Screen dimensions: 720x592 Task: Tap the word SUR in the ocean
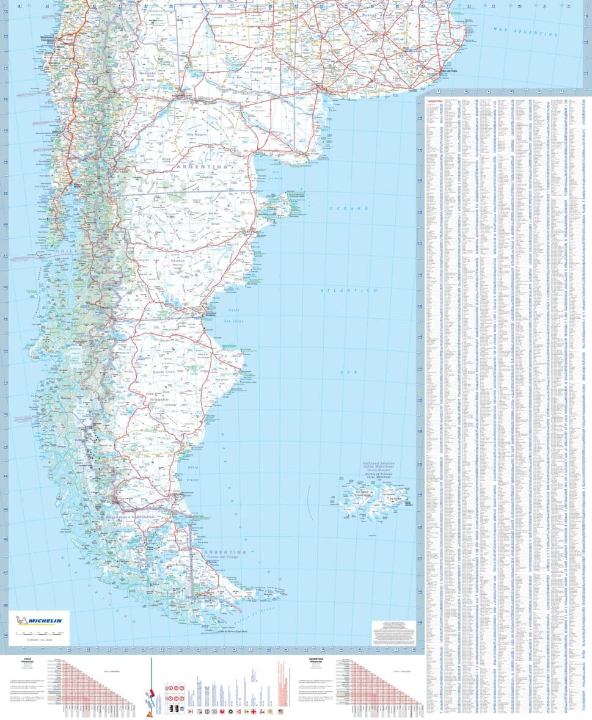coord(348,372)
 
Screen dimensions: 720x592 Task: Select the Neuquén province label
coord(148,73)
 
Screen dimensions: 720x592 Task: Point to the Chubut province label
coord(178,261)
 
